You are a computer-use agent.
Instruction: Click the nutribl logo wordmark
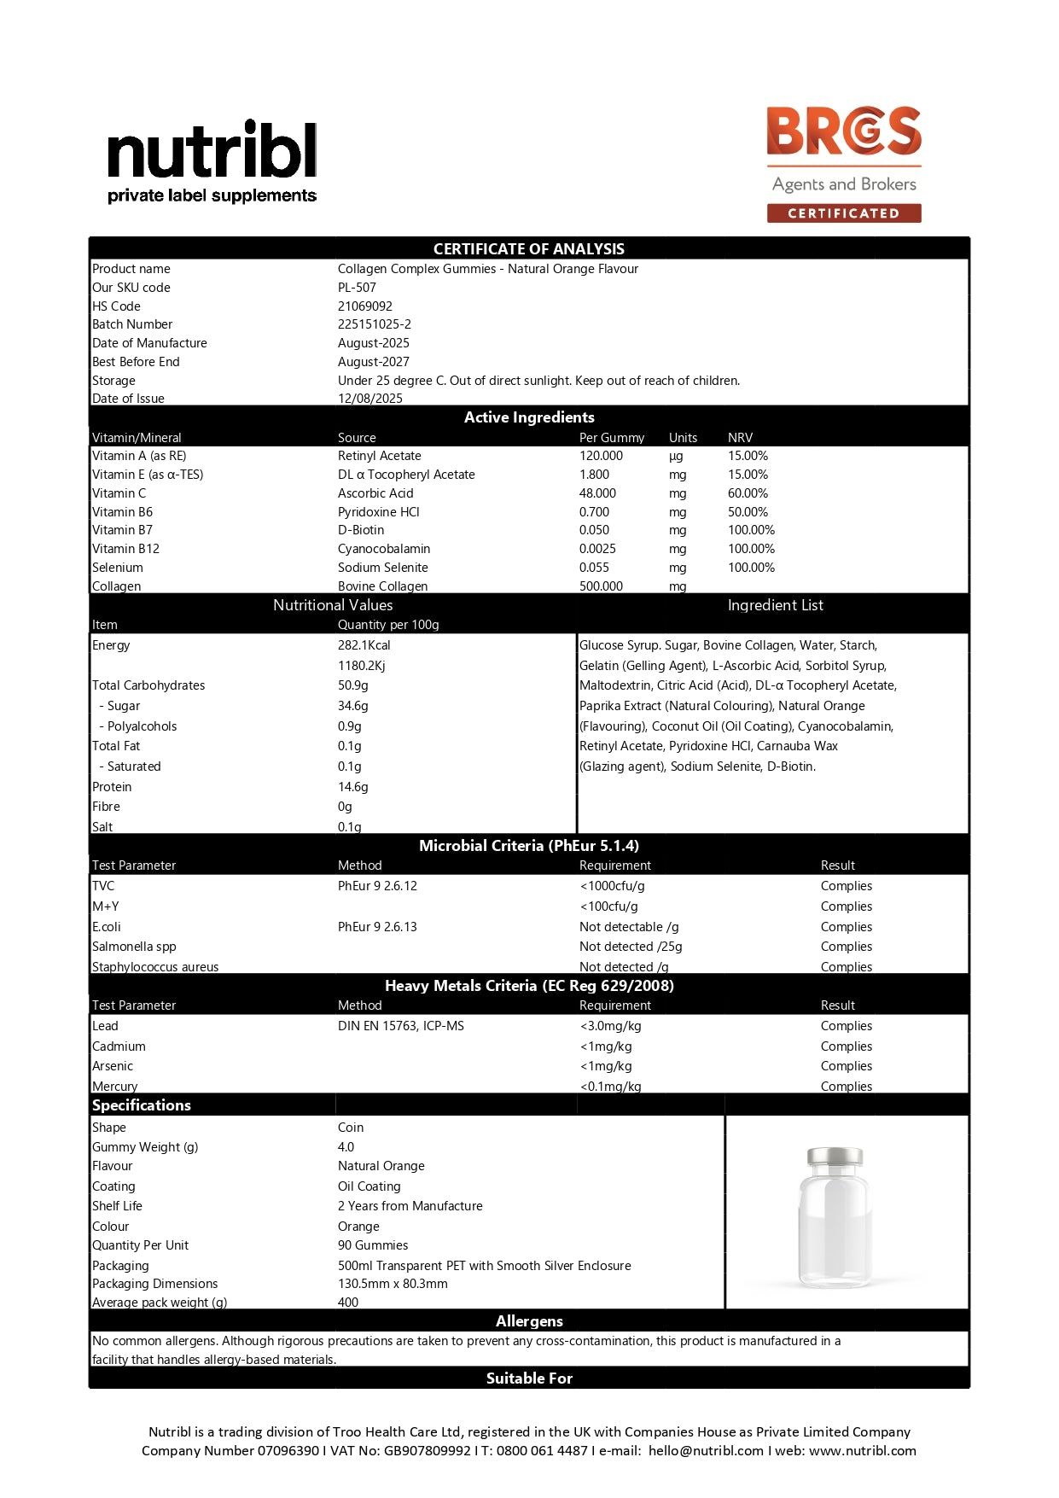coord(212,150)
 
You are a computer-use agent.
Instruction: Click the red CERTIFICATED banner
coord(843,213)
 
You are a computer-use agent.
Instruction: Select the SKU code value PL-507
coord(357,288)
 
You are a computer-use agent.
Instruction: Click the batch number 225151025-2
coord(374,324)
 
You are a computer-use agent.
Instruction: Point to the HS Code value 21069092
coord(364,306)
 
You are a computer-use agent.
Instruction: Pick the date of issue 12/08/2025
coord(369,399)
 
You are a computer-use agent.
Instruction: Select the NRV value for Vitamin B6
coord(748,512)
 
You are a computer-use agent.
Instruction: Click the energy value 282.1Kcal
coord(364,645)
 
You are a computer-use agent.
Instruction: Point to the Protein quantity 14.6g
coord(352,787)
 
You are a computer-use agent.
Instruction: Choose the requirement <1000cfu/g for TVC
coord(612,886)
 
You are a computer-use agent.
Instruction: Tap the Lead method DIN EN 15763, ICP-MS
coord(400,1026)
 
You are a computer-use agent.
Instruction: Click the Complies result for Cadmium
coord(846,1046)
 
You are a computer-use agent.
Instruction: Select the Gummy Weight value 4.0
coord(346,1147)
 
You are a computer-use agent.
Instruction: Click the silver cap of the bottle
coord(835,1157)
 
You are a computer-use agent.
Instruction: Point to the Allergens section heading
coord(529,1321)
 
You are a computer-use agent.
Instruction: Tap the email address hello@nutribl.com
coord(705,1450)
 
